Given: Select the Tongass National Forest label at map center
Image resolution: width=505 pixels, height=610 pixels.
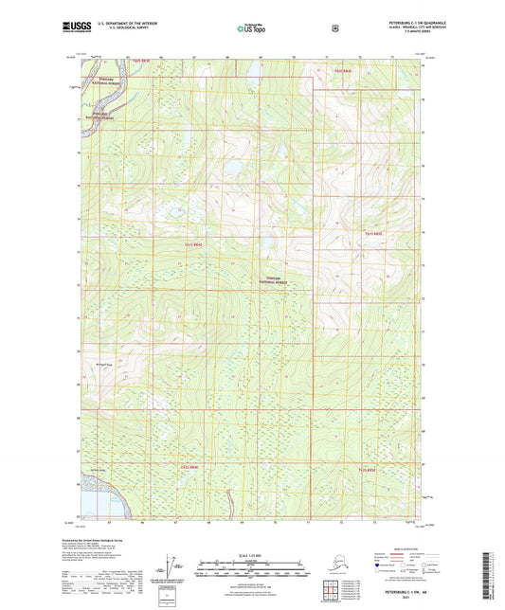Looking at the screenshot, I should point(275,280).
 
